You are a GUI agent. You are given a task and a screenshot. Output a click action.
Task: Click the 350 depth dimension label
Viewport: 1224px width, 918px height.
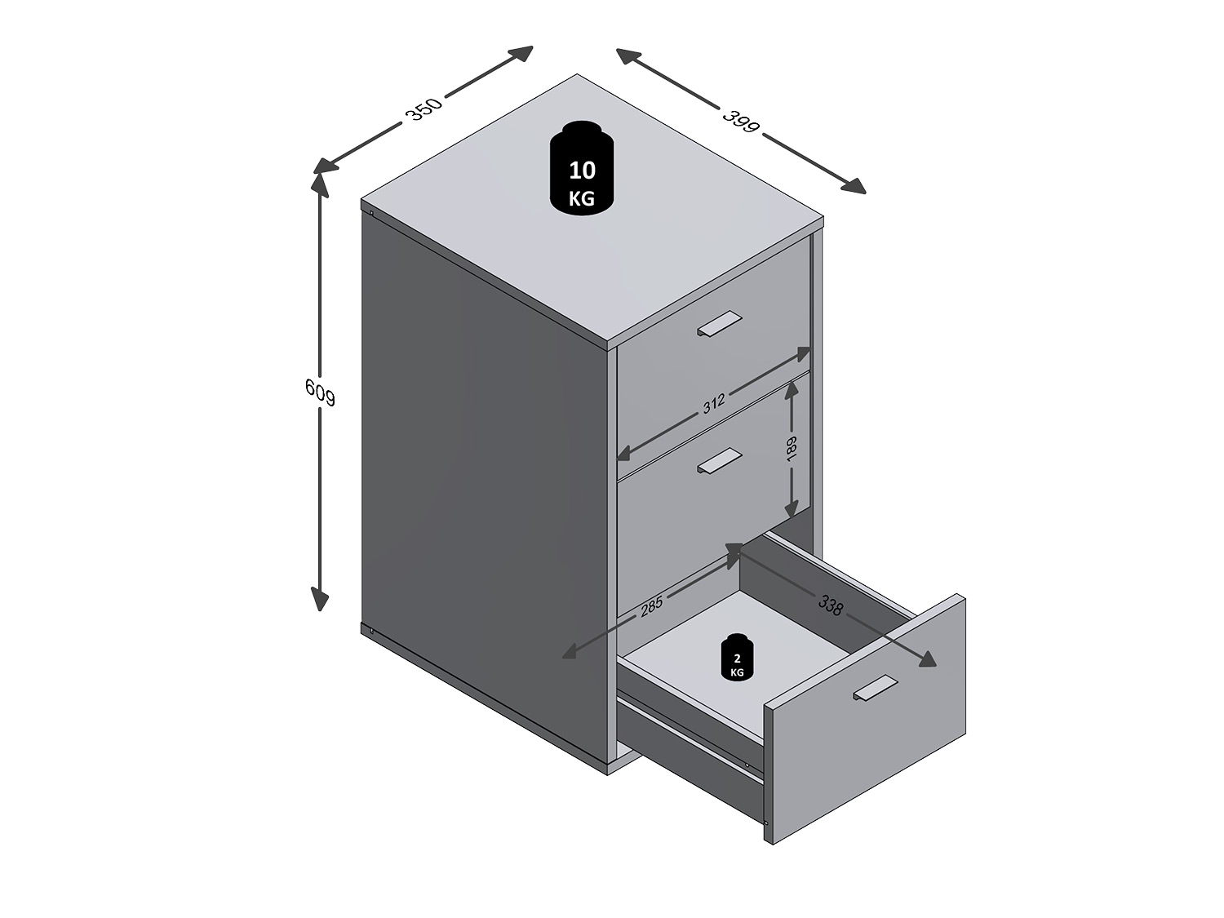[x=424, y=109]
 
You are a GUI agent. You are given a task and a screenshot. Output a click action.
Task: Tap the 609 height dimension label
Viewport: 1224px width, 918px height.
[x=321, y=392]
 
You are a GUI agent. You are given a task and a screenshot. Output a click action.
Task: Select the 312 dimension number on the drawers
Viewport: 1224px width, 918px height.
[x=714, y=404]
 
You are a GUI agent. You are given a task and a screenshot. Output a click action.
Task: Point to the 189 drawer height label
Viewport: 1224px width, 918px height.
[x=792, y=447]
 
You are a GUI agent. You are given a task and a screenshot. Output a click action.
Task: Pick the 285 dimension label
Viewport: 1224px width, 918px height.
[x=651, y=606]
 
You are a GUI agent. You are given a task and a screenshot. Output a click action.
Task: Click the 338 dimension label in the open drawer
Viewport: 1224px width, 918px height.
[x=831, y=605]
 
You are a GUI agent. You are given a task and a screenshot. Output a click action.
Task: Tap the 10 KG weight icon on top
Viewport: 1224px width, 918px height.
[x=582, y=168]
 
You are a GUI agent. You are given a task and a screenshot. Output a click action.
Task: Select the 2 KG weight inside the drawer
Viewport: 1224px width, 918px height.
[x=737, y=657]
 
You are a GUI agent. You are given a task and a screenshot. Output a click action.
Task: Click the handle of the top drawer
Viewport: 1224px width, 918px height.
[x=720, y=324]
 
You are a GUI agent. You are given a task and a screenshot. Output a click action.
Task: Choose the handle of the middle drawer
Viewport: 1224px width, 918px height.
[x=720, y=460]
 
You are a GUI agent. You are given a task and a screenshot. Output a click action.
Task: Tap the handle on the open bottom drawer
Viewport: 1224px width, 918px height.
[x=876, y=688]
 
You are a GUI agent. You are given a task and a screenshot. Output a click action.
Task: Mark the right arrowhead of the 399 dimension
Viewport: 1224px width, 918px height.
[x=854, y=186]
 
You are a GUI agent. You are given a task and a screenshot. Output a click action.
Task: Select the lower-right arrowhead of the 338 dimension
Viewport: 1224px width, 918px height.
[x=924, y=659]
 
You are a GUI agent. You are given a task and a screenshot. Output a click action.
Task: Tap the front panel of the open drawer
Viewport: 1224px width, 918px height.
[x=864, y=719]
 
